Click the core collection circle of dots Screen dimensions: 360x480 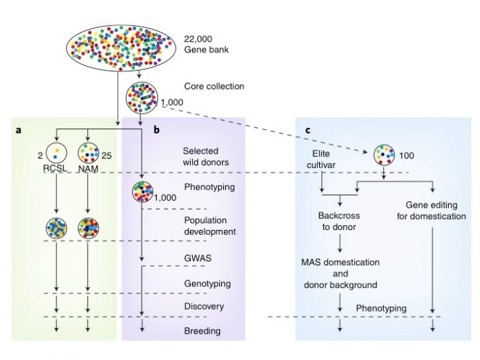140,97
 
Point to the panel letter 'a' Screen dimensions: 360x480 18,129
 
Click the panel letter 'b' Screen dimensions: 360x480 156,129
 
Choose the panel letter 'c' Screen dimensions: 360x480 308,129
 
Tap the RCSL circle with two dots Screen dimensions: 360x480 56,153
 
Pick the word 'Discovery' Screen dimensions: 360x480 204,306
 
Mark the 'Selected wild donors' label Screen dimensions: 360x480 206,157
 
